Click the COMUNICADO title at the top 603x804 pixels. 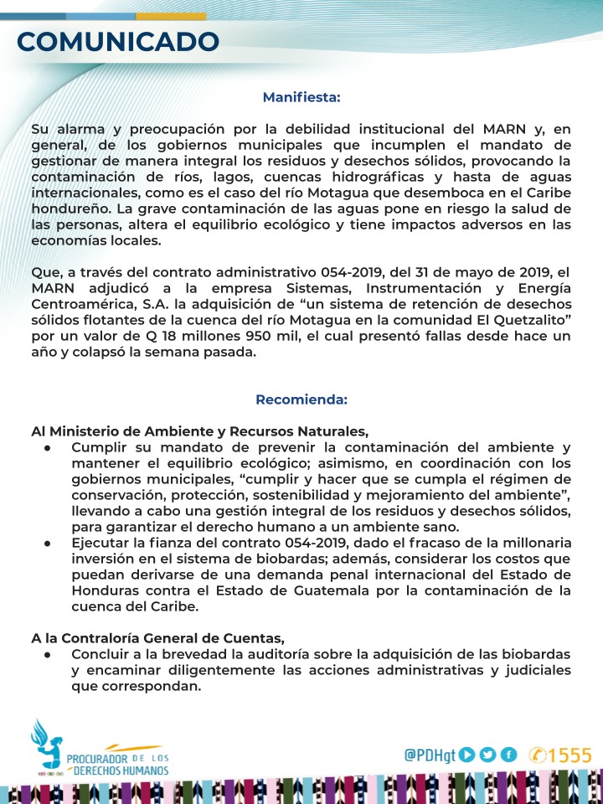(118, 41)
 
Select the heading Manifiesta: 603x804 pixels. (301, 97)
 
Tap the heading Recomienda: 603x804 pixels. (301, 399)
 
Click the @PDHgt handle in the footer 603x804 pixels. (430, 755)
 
